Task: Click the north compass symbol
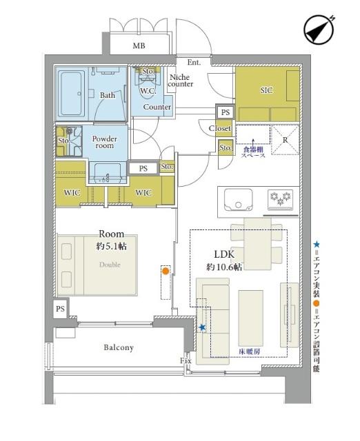coord(319,30)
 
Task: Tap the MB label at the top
coord(139,46)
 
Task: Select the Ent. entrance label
coord(194,63)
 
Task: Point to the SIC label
coord(267,89)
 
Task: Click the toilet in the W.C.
coord(148,77)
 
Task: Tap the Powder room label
coord(105,142)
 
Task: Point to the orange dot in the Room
coord(165,271)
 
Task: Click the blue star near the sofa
coord(202,327)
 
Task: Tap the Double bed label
coord(110,264)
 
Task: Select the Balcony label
coord(119,348)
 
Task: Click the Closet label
coord(220,128)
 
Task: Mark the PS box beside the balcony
coord(61,309)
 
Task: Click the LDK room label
coord(224,254)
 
